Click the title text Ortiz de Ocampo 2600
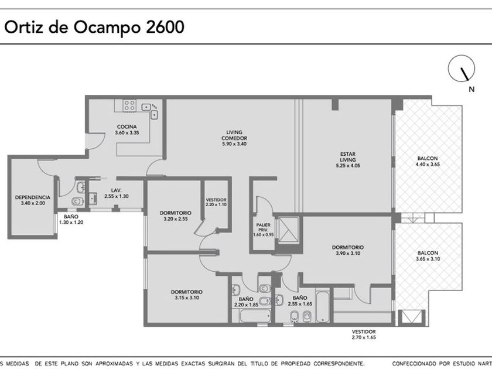pos(94,28)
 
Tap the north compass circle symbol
pos(462,69)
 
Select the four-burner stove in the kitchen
pos(129,105)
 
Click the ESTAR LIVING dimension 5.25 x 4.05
pos(348,166)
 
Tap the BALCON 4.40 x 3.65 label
pos(428,161)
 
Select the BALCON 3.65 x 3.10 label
pos(428,256)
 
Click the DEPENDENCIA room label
pos(33,197)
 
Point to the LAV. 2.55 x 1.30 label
pos(117,193)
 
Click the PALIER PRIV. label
pos(263,227)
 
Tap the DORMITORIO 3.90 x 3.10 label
pos(348,251)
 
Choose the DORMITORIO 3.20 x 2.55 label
pos(176,216)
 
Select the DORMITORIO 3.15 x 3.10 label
pos(187,295)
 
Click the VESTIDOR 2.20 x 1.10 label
pos(216,202)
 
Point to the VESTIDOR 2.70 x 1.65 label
pos(364,334)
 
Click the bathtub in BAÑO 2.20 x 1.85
pos(255,316)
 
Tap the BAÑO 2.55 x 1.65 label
pos(300,300)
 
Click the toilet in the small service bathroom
pos(77,201)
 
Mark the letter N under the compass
pos(471,90)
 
